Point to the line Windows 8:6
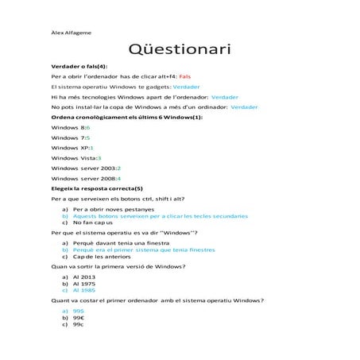coord(71,127)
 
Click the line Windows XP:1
coord(72,148)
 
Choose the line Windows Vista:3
coord(76,158)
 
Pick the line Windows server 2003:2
coord(86,168)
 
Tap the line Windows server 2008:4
coord(86,180)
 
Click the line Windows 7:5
coord(71,137)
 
